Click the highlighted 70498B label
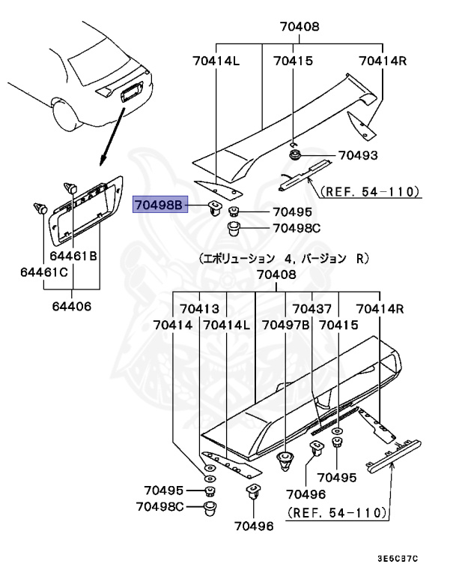159,204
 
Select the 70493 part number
357,156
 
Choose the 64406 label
73,306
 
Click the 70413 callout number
198,309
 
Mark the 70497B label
286,325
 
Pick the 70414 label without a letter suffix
173,325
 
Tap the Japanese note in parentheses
285,258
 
